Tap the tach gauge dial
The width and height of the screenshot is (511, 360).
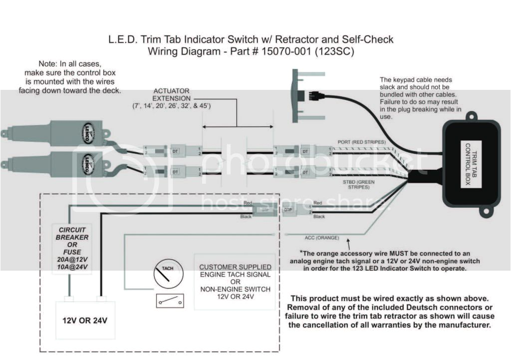click(168, 274)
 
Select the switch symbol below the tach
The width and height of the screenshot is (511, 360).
click(170, 301)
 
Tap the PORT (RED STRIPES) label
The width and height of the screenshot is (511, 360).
click(361, 142)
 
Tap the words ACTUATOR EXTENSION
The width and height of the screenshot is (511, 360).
click(172, 95)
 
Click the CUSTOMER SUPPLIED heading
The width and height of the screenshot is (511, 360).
click(236, 267)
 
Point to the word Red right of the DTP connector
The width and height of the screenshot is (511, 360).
click(318, 203)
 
